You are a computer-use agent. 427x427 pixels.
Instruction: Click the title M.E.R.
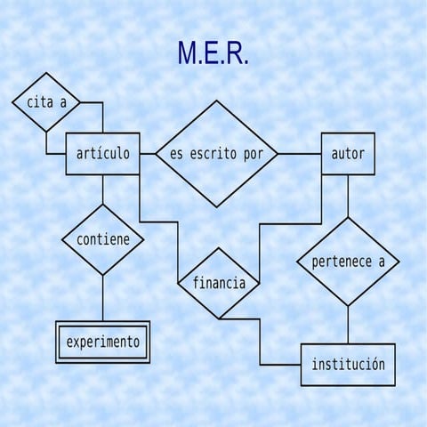[x=213, y=54]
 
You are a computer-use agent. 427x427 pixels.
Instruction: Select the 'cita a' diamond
[x=46, y=101]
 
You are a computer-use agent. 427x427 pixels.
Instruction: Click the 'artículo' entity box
[x=103, y=154]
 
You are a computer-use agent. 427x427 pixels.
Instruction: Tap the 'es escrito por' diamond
[x=216, y=154]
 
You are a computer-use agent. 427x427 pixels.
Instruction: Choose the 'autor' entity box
[x=348, y=154]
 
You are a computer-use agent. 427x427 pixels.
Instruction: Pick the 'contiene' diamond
[x=103, y=239]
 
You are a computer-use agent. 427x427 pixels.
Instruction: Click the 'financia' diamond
[x=219, y=284]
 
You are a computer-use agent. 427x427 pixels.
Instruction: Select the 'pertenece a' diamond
[x=348, y=262]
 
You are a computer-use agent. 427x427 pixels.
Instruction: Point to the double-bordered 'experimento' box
[x=103, y=342]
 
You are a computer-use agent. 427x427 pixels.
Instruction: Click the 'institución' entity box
[x=348, y=365]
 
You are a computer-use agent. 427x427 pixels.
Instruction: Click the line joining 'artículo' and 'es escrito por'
[x=148, y=154]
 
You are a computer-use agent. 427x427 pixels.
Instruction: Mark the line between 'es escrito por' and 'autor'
[x=299, y=154]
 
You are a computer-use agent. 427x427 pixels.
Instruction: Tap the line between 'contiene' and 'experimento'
[x=103, y=298]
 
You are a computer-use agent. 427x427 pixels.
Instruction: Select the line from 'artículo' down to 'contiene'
[x=103, y=189]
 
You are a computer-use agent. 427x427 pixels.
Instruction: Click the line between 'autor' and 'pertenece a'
[x=348, y=196]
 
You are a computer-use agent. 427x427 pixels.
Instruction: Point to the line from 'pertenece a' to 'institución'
[x=348, y=325]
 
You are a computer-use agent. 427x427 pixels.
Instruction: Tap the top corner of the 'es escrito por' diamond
[x=216, y=101]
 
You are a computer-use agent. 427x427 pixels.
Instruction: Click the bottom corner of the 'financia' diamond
[x=219, y=318]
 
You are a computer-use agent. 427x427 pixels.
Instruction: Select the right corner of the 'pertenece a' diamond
[x=398, y=262]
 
